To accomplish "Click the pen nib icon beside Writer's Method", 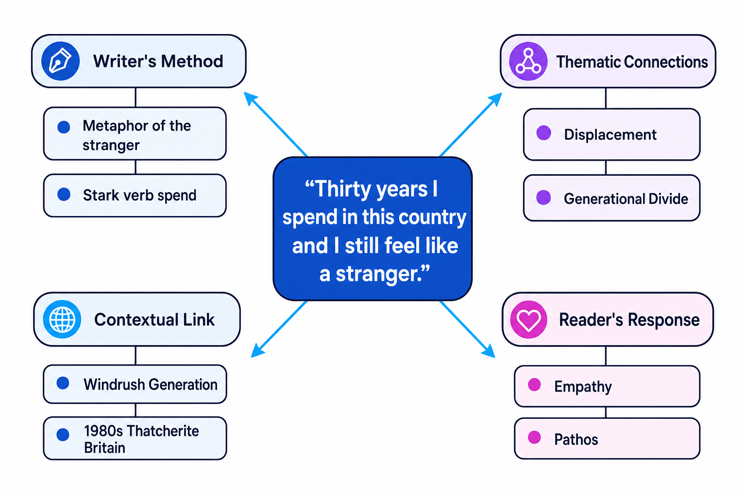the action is pyautogui.click(x=60, y=61).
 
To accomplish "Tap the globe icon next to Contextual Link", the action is pyautogui.click(x=62, y=319).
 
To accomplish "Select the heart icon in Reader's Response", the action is pyautogui.click(x=528, y=319).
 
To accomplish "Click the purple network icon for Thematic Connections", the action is pyautogui.click(x=528, y=61).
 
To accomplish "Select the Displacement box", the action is pyautogui.click(x=611, y=134).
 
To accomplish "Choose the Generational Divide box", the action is pyautogui.click(x=611, y=198).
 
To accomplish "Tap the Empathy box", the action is pyautogui.click(x=607, y=386).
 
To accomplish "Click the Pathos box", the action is pyautogui.click(x=607, y=438).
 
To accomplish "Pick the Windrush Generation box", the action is pyautogui.click(x=135, y=384).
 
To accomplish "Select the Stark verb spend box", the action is pyautogui.click(x=135, y=196).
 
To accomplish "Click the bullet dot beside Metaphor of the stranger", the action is pyautogui.click(x=64, y=127).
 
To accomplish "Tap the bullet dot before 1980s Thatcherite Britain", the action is pyautogui.click(x=63, y=434).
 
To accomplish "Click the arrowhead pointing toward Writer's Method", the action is pyautogui.click(x=251, y=99).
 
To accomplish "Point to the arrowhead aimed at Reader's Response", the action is pyautogui.click(x=489, y=351).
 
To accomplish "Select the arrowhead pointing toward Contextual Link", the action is pyautogui.click(x=257, y=351).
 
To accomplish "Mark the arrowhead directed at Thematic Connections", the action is pyautogui.click(x=495, y=99).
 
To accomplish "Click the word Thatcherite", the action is pyautogui.click(x=163, y=431).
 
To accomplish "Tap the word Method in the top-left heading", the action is pyautogui.click(x=192, y=61).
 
